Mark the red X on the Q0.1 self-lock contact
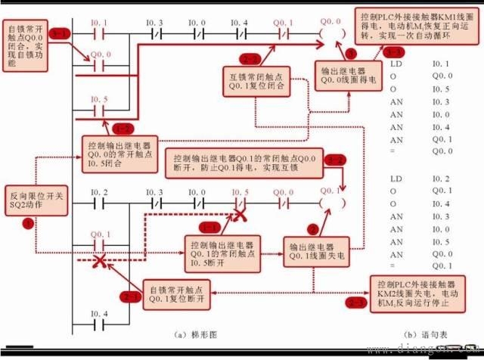click(98, 261)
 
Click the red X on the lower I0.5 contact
click(240, 214)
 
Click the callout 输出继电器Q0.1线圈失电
click(315, 252)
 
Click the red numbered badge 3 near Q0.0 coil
click(350, 54)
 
